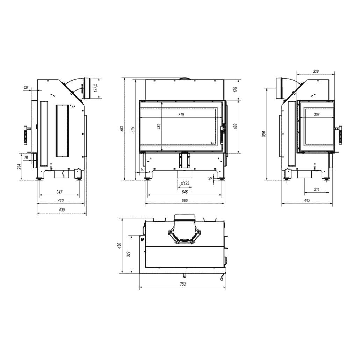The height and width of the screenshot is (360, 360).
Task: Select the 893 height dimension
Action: coord(122,129)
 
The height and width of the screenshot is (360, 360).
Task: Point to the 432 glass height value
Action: coord(159,127)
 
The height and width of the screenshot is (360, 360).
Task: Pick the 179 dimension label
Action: coord(235,89)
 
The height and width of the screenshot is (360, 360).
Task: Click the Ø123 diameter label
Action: coord(185,183)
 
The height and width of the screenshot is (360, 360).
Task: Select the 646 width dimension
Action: coord(185,192)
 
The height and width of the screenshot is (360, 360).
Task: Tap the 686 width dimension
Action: coord(185,201)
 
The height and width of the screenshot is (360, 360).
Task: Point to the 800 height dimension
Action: coord(265,134)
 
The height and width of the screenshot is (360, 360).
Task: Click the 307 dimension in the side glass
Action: coord(317,114)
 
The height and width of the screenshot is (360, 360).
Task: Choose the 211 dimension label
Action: coord(317,190)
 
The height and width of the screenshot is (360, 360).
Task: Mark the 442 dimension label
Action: coord(308,201)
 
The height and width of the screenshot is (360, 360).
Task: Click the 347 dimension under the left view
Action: coord(59,192)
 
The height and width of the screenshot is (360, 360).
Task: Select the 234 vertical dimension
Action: coord(19,167)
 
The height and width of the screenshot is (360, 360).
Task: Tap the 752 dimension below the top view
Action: coord(182,284)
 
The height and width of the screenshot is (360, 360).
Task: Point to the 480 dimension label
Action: coord(119,246)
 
